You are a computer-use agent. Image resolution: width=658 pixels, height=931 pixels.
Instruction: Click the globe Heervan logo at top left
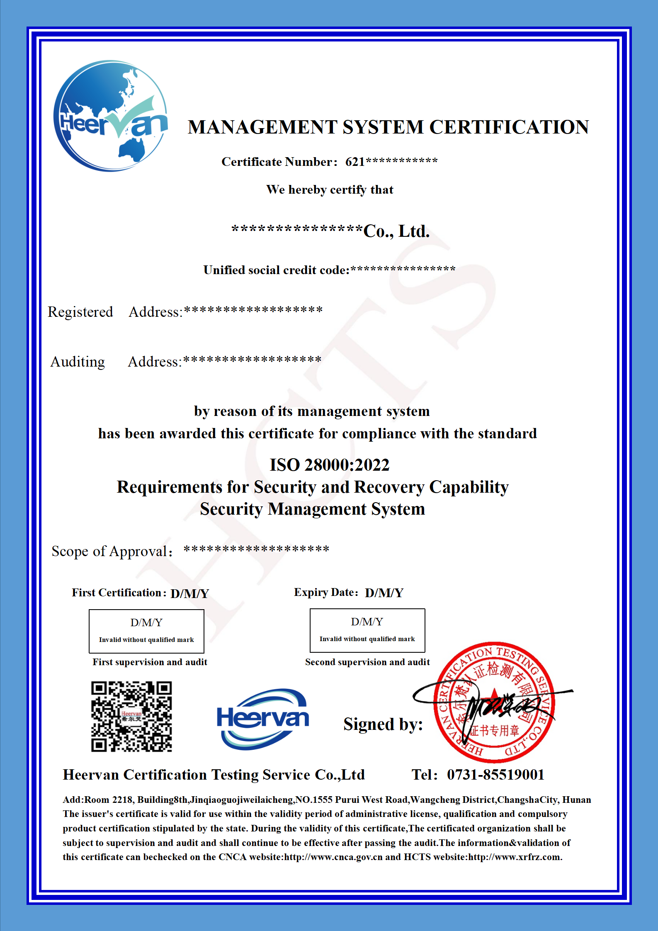(x=111, y=116)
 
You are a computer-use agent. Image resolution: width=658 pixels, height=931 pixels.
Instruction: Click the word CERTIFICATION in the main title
(x=509, y=127)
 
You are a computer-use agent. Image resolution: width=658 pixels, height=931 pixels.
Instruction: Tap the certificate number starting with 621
(x=391, y=162)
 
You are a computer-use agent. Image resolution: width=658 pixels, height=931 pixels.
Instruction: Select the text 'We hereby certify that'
(x=330, y=190)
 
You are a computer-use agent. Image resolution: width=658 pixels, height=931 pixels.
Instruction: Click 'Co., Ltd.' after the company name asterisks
(x=396, y=231)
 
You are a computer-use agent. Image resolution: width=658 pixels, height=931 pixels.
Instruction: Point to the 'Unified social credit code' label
(x=276, y=270)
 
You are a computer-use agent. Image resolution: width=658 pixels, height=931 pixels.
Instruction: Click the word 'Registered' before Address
(x=80, y=312)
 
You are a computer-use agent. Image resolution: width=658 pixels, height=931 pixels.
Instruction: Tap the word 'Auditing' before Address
(x=78, y=362)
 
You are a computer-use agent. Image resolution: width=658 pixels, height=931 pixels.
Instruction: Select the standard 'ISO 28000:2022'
(x=330, y=465)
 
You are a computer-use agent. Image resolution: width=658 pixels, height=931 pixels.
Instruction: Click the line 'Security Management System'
(x=312, y=509)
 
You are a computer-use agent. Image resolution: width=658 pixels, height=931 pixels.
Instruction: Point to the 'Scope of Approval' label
(x=111, y=551)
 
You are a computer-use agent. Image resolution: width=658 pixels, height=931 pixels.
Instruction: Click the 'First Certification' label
(x=119, y=593)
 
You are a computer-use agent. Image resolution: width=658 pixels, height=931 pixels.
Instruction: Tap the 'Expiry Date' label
(x=325, y=592)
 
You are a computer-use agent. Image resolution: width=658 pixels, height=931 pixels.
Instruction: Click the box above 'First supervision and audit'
(x=146, y=631)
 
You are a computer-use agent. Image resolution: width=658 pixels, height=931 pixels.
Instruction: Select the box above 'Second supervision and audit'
(x=367, y=630)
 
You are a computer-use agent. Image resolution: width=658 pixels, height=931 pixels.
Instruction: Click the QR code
(x=131, y=716)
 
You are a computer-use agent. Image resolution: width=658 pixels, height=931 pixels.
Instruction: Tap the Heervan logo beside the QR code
(x=263, y=719)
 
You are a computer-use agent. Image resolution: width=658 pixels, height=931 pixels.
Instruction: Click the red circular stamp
(x=494, y=702)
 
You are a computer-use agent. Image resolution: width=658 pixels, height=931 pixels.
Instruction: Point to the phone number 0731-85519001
(x=495, y=775)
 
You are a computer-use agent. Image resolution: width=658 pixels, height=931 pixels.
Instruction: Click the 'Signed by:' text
(x=383, y=724)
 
